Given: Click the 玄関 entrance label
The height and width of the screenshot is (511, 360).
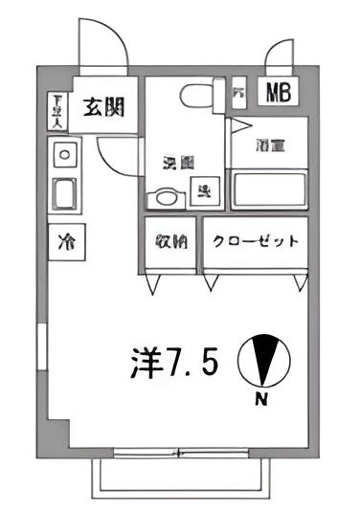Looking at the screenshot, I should [x=100, y=107].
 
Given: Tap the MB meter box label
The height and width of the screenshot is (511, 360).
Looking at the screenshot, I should [x=277, y=93].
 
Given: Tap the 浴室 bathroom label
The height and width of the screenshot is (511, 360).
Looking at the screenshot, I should [x=267, y=145].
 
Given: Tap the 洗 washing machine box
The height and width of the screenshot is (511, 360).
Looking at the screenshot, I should [x=204, y=190].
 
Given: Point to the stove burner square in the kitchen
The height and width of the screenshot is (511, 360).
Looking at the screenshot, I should [x=66, y=153].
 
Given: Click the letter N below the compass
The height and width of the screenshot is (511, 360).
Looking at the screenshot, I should [x=260, y=401].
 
